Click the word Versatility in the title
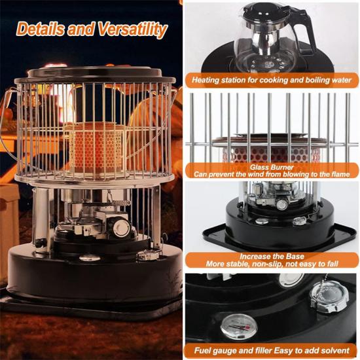[132, 29]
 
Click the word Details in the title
[39, 29]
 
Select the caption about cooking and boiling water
[272, 80]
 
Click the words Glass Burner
[272, 167]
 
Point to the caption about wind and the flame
[272, 174]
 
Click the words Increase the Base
[272, 256]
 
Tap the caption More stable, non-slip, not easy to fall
[272, 264]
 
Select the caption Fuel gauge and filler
[272, 351]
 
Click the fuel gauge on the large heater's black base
[90, 258]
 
